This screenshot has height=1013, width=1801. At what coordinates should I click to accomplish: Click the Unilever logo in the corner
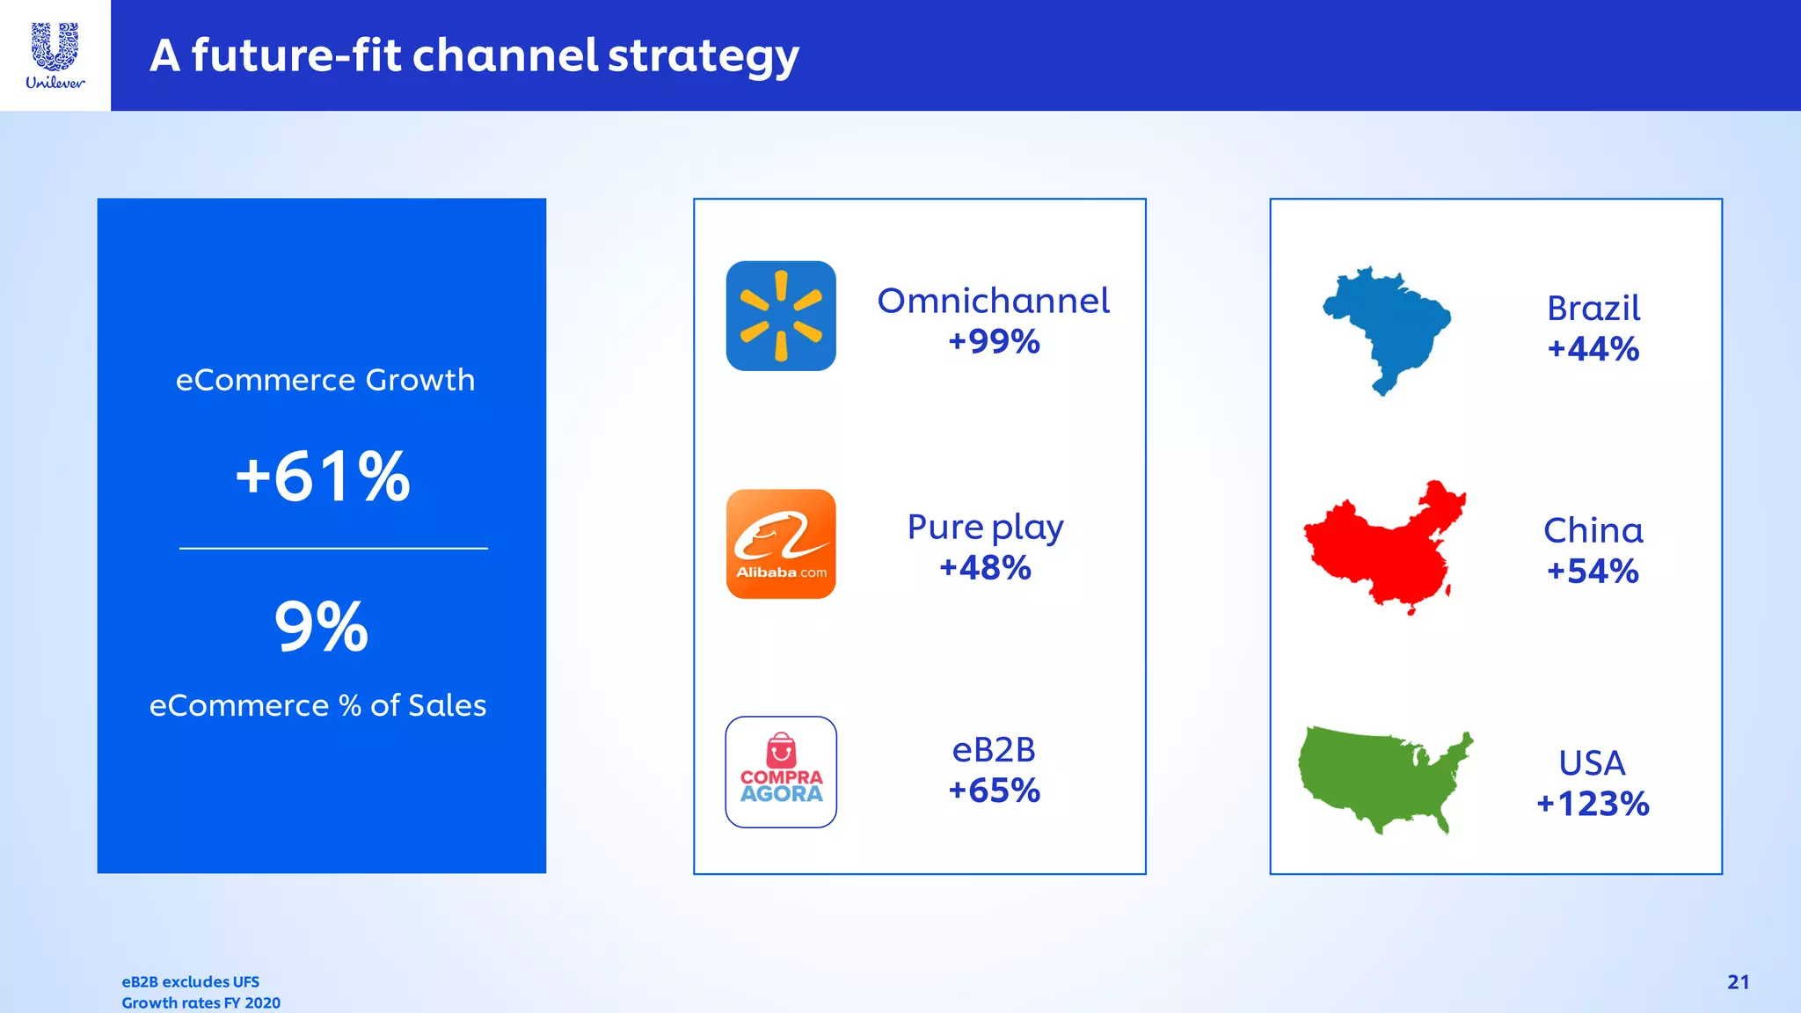tap(55, 55)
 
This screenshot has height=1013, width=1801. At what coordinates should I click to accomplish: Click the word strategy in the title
tap(703, 56)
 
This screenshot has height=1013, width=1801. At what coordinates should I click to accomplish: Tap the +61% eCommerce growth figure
tap(323, 477)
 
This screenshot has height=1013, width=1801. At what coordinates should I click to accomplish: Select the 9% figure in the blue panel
tap(321, 627)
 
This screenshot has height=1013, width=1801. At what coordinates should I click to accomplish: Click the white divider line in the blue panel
tap(333, 549)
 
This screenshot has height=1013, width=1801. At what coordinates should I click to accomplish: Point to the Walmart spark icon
tap(781, 316)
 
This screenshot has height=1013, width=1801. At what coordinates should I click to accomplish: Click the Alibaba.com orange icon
tap(781, 544)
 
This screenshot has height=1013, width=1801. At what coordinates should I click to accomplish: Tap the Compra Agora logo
tap(781, 772)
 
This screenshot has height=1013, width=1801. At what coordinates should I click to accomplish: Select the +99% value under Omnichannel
tap(994, 341)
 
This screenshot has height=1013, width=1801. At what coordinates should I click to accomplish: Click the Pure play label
tap(985, 528)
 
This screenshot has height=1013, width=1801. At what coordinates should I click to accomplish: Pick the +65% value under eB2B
tap(994, 791)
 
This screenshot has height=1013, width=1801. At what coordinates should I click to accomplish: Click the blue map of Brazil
tap(1385, 327)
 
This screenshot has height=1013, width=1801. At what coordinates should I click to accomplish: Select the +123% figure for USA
tap(1592, 804)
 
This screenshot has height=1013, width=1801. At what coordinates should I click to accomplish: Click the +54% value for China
tap(1592, 572)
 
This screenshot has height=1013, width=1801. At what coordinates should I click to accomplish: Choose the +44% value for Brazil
tap(1593, 349)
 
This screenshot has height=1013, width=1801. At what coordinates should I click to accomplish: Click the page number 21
tap(1738, 982)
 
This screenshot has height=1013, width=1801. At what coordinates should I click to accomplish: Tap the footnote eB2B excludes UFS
tap(190, 982)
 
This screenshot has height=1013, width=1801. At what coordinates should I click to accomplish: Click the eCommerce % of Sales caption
tap(317, 705)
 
